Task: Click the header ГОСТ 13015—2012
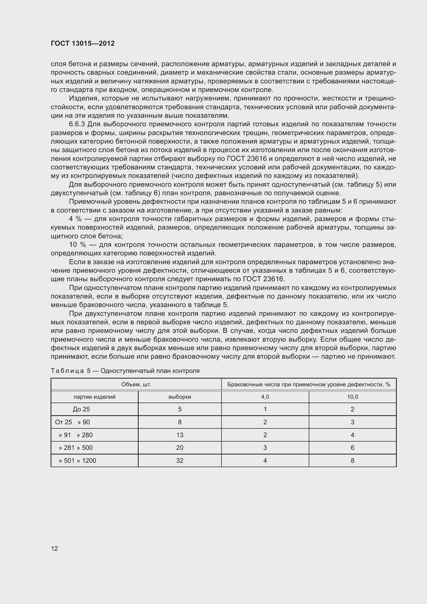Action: [83, 43]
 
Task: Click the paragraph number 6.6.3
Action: [77, 124]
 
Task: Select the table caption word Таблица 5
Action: [70, 371]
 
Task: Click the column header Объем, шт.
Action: [136, 384]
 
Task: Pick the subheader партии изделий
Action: [94, 397]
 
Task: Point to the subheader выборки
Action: [180, 397]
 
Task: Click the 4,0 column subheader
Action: [265, 397]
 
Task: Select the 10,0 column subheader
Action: [352, 397]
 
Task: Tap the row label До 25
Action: [81, 409]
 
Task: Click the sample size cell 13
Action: [180, 435]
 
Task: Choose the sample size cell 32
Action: [180, 460]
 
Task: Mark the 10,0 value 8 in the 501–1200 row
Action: [352, 460]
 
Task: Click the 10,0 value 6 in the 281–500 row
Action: [352, 448]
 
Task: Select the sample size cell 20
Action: [180, 448]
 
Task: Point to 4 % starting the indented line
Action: [75, 219]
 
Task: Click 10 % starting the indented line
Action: [77, 245]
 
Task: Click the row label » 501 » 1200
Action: [77, 460]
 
